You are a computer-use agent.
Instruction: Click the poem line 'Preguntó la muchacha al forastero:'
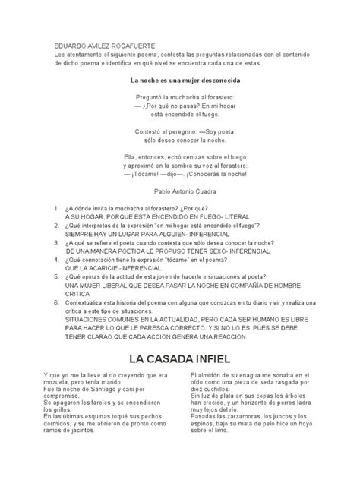(179, 98)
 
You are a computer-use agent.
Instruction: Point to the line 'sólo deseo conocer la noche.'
(179, 141)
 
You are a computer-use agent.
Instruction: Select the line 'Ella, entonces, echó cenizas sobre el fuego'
(179, 157)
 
